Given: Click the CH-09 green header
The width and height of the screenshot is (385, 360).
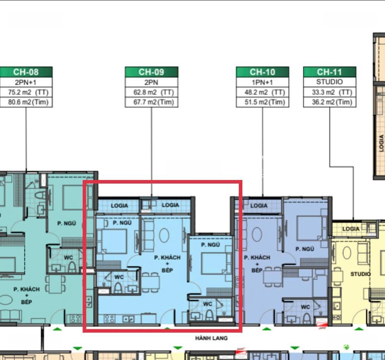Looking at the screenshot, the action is tap(152, 72).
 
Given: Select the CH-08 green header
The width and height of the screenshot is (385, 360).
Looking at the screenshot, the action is tap(26, 72).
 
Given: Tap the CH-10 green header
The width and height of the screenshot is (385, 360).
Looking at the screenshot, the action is tap(263, 72).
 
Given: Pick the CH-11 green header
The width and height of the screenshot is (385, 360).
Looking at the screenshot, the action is tap(330, 72).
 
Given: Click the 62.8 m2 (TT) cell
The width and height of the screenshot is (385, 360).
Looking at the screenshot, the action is tap(152, 92).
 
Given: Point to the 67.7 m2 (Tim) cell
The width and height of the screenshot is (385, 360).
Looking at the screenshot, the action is tap(152, 102).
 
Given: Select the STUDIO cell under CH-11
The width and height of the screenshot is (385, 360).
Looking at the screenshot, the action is tap(330, 82).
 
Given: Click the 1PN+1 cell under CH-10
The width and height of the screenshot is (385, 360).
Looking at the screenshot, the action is tap(263, 82).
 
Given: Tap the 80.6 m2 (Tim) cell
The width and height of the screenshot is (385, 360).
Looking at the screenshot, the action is tap(26, 102).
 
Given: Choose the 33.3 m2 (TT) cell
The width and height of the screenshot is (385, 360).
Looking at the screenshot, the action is tap(330, 92).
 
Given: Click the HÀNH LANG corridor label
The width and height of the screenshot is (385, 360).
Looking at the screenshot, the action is tap(212, 338).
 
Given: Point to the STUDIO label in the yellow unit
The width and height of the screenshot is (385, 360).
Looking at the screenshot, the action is tap(360, 274).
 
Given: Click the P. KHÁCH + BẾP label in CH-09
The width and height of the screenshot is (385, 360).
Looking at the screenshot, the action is tap(167, 264).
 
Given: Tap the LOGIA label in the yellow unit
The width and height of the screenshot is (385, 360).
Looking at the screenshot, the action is tap(351, 229).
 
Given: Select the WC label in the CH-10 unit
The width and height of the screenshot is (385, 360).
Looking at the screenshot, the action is tap(305, 307).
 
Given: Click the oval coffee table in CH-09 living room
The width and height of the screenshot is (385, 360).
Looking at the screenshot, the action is tap(164, 235).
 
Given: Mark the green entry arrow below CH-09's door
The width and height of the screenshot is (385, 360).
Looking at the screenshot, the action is tap(167, 328).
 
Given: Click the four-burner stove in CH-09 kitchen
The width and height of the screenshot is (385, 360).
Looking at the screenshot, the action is tap(109, 319).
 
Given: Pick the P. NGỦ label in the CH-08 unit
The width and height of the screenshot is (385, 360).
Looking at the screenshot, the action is tap(67, 224).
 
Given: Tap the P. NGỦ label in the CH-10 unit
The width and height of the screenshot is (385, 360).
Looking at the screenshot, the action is tap(305, 249).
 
